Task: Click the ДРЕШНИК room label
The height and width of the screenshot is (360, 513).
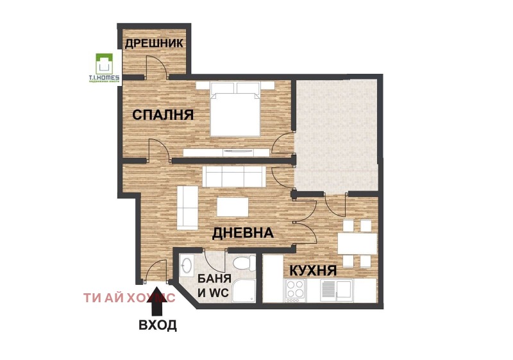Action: point(154,44)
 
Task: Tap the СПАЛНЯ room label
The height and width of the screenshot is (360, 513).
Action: point(163,115)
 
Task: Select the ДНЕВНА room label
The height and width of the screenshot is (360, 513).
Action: point(244,232)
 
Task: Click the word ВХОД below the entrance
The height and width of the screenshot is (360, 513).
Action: point(158,325)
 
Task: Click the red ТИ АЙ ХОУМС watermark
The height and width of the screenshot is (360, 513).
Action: point(129,297)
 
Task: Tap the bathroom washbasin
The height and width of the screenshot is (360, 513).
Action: point(188,265)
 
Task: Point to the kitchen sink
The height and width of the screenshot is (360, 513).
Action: point(336,289)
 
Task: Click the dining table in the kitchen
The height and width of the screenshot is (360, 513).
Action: point(357,243)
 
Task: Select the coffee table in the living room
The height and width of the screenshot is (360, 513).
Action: point(233,207)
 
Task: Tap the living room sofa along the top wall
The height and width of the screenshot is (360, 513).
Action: point(232,176)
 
